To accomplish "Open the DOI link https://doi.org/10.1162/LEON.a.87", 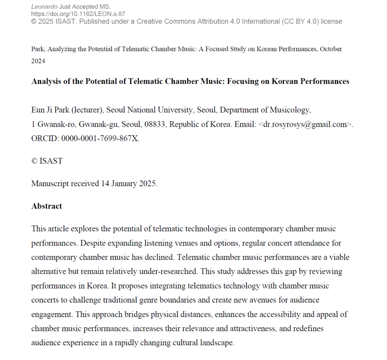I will click(78, 14).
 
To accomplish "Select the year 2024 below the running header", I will click(38, 61).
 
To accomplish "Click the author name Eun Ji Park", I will click(47, 110).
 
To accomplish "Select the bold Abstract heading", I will click(46, 206).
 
